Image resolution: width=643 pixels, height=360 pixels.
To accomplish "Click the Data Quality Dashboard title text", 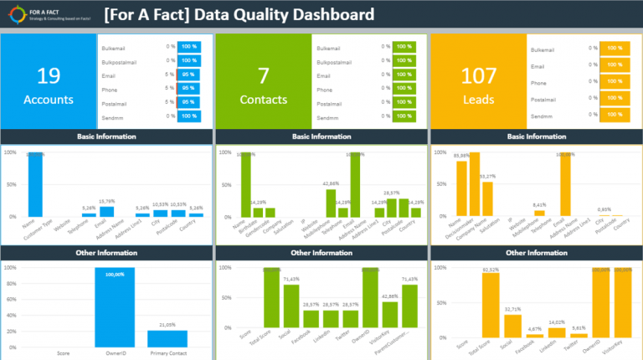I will (x=239, y=15).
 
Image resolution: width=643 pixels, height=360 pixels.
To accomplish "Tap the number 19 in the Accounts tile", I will (x=49, y=76).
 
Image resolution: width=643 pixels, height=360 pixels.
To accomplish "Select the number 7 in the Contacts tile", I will (x=263, y=76).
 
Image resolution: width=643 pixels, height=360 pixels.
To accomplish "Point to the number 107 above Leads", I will (x=478, y=76).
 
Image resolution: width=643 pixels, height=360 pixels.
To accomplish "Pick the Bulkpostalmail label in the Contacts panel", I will (x=339, y=61).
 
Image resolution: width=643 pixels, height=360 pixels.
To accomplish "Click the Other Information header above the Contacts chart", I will (x=321, y=252).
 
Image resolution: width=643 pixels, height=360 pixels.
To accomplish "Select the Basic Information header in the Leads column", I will (x=536, y=136).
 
